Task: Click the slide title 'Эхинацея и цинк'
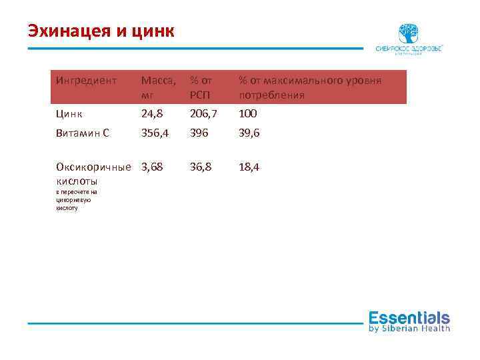tap(101, 31)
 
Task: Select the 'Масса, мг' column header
tap(159, 87)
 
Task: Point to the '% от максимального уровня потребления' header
tap(310, 87)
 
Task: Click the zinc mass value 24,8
tap(152, 113)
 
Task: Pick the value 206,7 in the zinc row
tap(203, 113)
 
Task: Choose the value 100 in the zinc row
tap(248, 113)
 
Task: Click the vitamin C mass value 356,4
tap(155, 133)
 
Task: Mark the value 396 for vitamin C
tap(199, 133)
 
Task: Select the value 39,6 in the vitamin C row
tap(250, 133)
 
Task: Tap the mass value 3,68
tap(152, 166)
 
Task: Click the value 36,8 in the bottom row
tap(201, 166)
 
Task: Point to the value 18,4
tap(250, 166)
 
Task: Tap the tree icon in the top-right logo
tap(408, 33)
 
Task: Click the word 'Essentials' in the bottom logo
tap(409, 317)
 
